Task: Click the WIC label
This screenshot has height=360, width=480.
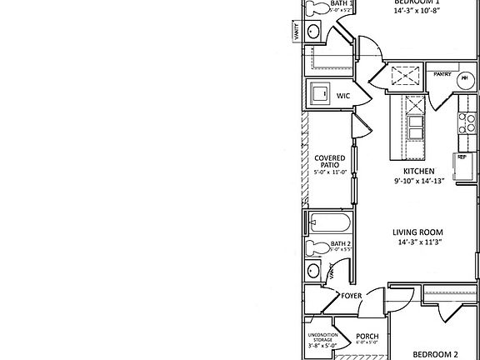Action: [342, 97]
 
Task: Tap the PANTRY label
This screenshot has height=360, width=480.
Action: [442, 74]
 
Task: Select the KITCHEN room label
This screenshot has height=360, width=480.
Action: [419, 171]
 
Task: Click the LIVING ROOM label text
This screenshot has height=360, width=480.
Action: [418, 232]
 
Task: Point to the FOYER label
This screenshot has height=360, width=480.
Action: [352, 296]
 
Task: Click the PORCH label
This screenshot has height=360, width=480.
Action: [367, 337]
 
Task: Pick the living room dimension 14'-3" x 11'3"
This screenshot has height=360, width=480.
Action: [418, 242]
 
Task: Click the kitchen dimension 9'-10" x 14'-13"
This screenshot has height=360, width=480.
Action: [419, 181]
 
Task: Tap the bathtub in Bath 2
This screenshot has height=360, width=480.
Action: [330, 224]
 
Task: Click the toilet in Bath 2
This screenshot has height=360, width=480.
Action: [317, 248]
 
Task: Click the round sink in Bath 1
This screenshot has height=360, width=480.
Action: [315, 32]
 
